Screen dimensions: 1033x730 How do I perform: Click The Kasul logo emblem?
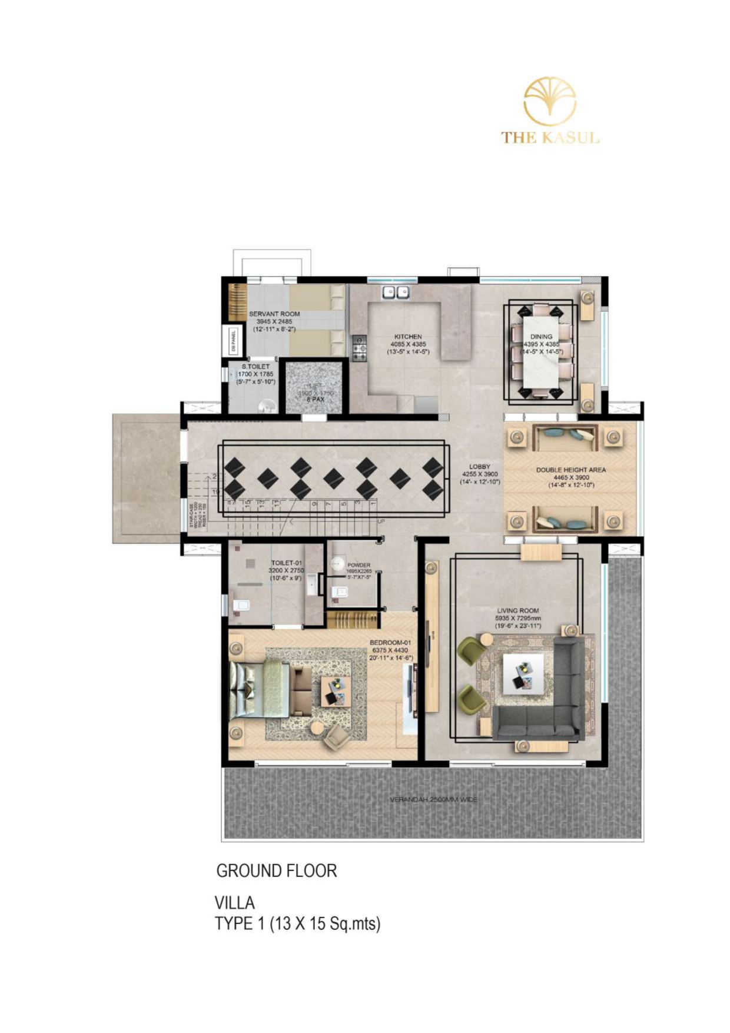550,102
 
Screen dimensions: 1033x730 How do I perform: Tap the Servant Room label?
274,314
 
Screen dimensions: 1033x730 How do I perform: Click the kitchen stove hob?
359,348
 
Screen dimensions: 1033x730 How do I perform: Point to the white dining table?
541,352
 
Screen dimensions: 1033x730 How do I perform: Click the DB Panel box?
234,341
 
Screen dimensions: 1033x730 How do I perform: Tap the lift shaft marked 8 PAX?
315,388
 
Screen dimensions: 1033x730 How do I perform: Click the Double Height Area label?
570,470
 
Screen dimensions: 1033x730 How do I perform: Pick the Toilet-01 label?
286,563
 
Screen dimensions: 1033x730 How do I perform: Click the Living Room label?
517,611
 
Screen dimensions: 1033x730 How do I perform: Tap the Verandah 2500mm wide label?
433,799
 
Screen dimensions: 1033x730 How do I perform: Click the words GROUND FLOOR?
276,871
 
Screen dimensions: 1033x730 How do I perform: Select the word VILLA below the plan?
234,902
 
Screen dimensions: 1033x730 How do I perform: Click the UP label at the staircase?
381,522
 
